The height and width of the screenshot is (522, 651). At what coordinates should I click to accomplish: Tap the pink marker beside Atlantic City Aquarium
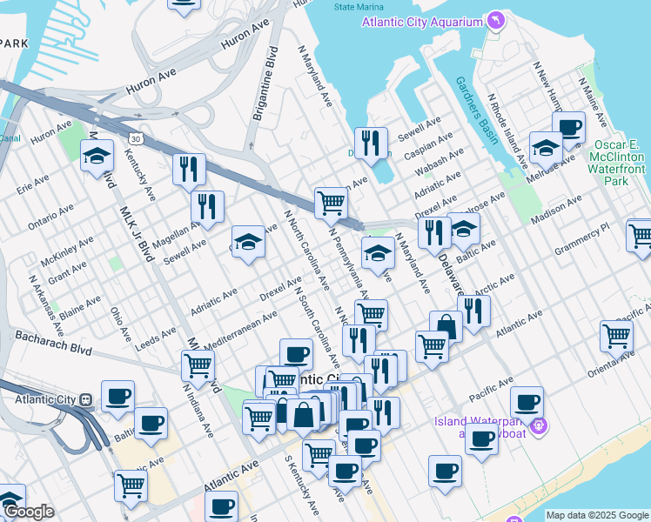tap(496, 20)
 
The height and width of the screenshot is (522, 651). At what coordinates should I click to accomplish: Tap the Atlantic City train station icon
tap(85, 399)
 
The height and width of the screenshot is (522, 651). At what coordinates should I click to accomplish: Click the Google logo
tap(29, 512)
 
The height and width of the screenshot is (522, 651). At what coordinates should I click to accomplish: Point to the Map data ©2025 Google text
tap(597, 515)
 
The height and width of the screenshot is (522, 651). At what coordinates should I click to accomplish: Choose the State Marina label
tap(355, 6)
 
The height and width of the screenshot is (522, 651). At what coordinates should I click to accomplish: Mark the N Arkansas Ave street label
tap(46, 300)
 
